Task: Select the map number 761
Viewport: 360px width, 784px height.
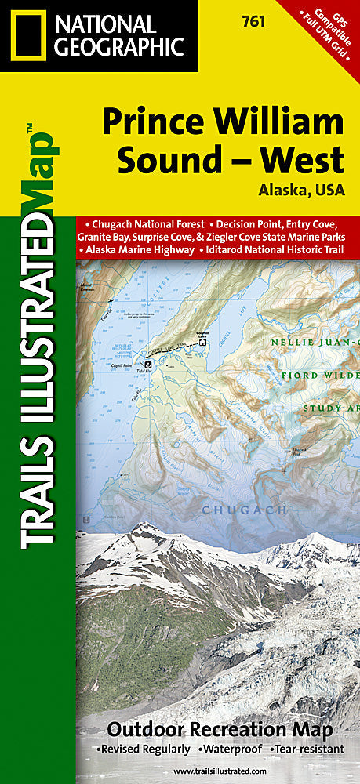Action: (253, 22)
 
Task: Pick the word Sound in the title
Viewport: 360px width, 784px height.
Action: (162, 160)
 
